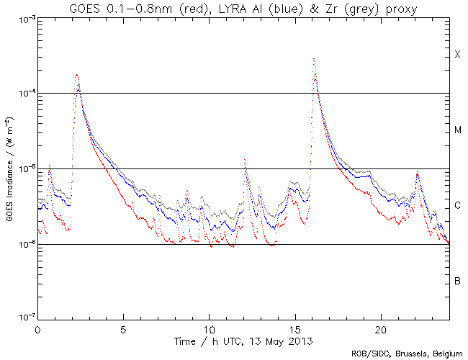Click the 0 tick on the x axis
[37, 328]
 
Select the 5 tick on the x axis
[123, 328]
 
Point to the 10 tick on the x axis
[209, 328]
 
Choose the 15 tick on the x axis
[295, 328]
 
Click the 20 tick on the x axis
[381, 328]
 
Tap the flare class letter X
[457, 55]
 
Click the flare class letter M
[457, 131]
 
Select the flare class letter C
[457, 207]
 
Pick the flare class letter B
[457, 281]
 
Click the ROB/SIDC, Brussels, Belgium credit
[407, 354]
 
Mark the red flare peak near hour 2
[76, 74]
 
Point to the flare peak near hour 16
[314, 59]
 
